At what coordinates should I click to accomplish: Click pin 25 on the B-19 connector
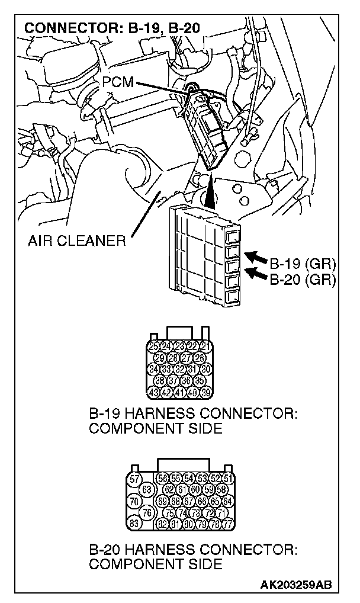(x=153, y=346)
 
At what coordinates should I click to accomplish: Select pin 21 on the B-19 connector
(x=205, y=346)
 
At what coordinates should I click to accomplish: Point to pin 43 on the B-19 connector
(x=153, y=392)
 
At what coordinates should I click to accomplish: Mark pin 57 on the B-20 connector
(x=135, y=479)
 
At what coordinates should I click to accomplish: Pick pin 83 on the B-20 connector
(x=135, y=522)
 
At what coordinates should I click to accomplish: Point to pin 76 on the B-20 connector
(x=149, y=511)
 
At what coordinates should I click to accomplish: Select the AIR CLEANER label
(x=76, y=240)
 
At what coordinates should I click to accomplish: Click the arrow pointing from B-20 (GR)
(x=256, y=273)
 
